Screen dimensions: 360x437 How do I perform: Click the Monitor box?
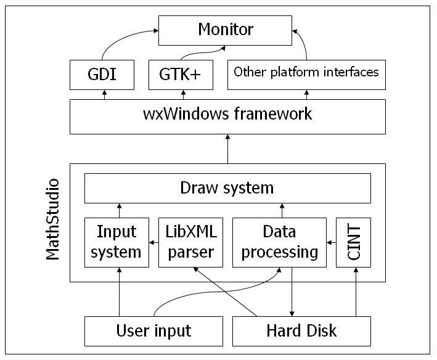[226, 29]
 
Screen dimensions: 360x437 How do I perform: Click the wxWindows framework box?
[227, 115]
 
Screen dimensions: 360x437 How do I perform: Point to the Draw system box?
[227, 188]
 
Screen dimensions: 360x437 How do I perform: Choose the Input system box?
[116, 242]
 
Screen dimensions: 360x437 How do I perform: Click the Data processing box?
[279, 242]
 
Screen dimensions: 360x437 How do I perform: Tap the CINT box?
[354, 242]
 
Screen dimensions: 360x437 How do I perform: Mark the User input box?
[153, 331]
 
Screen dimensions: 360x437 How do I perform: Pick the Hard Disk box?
[301, 331]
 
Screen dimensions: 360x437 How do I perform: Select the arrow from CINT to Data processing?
[330, 243]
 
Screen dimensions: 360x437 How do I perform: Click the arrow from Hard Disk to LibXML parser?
[225, 292]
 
